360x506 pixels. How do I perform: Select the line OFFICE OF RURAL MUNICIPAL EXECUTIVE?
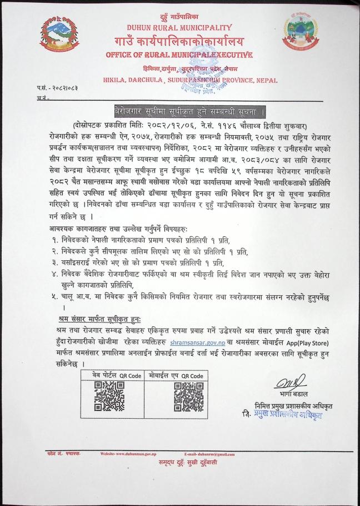[179, 55]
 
